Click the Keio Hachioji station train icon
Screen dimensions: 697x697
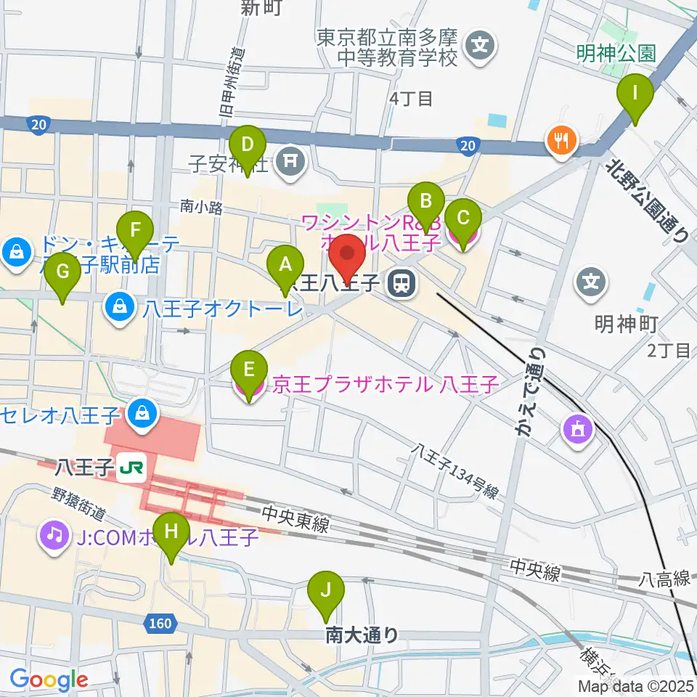(399, 283)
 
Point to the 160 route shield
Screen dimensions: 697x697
(161, 623)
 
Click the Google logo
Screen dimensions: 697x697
(49, 680)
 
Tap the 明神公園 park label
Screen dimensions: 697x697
(616, 52)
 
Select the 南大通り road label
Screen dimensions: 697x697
(362, 635)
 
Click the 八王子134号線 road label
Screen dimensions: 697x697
(454, 471)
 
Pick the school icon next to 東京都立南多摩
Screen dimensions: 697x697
(480, 46)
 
